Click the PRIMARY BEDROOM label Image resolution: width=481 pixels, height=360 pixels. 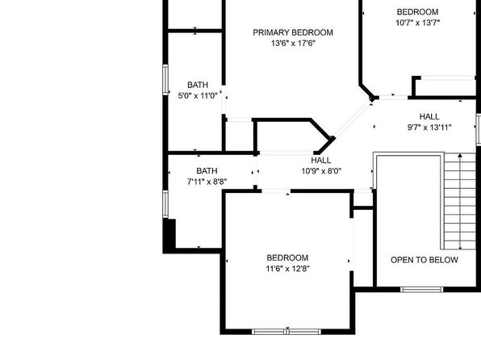tap(293, 32)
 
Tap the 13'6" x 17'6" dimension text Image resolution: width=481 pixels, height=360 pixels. tap(293, 44)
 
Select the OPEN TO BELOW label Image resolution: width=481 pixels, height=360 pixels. tap(425, 260)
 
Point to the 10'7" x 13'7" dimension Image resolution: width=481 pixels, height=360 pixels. tap(418, 23)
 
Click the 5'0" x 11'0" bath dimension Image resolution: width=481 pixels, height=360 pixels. tap(198, 96)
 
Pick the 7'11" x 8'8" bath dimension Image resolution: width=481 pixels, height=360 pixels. tap(207, 182)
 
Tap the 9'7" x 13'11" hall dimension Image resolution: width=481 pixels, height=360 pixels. tap(429, 128)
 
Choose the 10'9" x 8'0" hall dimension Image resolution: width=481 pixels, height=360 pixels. tap(321, 171)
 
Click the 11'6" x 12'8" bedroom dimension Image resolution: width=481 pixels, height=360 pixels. tap(287, 269)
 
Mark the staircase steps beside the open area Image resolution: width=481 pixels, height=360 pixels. tap(460, 201)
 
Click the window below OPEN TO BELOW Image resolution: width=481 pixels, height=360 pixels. tap(422, 289)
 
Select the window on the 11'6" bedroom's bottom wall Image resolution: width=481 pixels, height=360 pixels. tap(287, 332)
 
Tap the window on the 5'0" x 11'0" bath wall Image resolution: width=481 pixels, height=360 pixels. tap(165, 80)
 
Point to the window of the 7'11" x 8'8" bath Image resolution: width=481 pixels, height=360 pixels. tap(165, 204)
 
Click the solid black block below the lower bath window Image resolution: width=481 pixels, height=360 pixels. tap(169, 236)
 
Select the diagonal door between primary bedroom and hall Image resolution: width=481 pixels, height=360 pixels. tap(353, 120)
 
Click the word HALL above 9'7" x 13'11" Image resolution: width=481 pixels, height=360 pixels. tap(429, 116)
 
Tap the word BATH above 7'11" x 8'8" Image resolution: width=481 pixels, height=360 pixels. tap(207, 171)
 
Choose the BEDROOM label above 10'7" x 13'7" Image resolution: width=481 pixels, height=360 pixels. tap(417, 12)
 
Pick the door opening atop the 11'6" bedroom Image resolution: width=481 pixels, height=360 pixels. tap(276, 191)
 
